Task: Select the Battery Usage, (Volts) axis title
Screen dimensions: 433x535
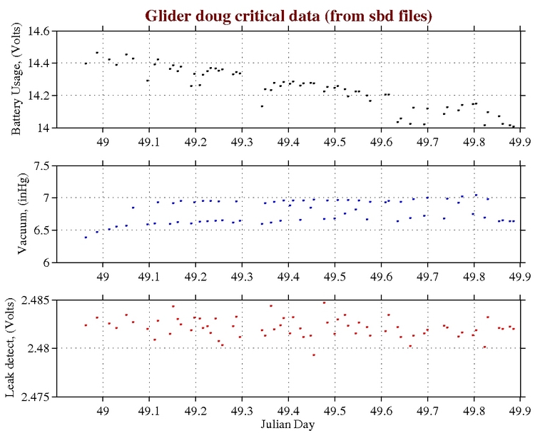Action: tap(16, 79)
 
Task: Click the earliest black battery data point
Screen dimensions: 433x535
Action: tap(86, 63)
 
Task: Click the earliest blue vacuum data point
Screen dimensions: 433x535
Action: tap(86, 237)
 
